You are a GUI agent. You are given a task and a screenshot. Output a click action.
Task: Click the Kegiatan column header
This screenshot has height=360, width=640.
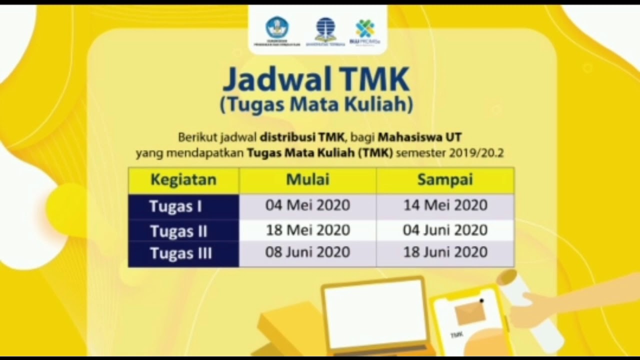click(183, 180)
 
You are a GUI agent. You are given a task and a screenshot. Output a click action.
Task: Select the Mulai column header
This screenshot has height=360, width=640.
click(307, 180)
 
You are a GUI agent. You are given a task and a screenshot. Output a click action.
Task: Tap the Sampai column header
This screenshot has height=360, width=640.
click(445, 180)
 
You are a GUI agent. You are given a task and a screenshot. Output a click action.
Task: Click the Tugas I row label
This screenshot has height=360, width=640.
click(175, 206)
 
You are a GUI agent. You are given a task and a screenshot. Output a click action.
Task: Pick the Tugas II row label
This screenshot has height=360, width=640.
click(178, 231)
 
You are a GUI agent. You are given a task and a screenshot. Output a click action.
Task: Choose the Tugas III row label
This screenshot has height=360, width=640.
click(181, 253)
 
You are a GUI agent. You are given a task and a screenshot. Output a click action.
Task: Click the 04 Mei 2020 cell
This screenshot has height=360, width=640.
click(307, 205)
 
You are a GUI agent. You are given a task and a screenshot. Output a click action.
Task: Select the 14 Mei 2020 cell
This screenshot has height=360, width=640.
click(445, 205)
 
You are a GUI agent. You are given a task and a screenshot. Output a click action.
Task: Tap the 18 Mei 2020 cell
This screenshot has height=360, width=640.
click(307, 230)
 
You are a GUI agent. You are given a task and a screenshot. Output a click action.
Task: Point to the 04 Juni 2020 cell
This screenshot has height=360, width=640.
click(445, 230)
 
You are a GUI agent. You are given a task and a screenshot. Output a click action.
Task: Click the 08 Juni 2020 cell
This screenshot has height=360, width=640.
click(307, 251)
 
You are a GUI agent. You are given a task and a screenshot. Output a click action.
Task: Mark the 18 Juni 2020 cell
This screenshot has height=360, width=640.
click(445, 251)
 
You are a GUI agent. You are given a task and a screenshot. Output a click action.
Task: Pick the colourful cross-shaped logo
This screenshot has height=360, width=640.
click(365, 28)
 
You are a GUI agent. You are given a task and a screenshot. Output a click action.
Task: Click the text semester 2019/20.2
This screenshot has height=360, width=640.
click(449, 153)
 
